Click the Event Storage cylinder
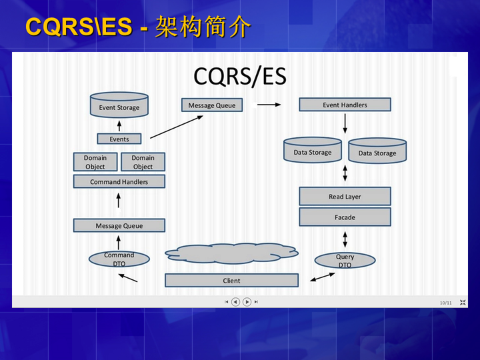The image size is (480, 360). click(119, 106)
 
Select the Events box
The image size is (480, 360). click(119, 139)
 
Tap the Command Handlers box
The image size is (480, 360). click(119, 181)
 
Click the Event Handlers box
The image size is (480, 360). click(345, 105)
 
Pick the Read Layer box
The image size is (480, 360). click(345, 197)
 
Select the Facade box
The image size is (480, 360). click(345, 217)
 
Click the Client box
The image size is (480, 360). click(231, 281)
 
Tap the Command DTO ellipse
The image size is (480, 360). click(119, 259)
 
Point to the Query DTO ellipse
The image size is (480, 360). click(345, 261)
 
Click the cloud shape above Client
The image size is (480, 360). click(231, 253)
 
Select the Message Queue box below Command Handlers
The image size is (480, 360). click(119, 225)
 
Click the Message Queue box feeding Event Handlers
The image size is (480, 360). click(211, 105)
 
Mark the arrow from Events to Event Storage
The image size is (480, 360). click(119, 125)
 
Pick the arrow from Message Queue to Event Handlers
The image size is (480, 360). click(269, 105)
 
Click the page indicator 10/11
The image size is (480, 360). click(445, 303)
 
